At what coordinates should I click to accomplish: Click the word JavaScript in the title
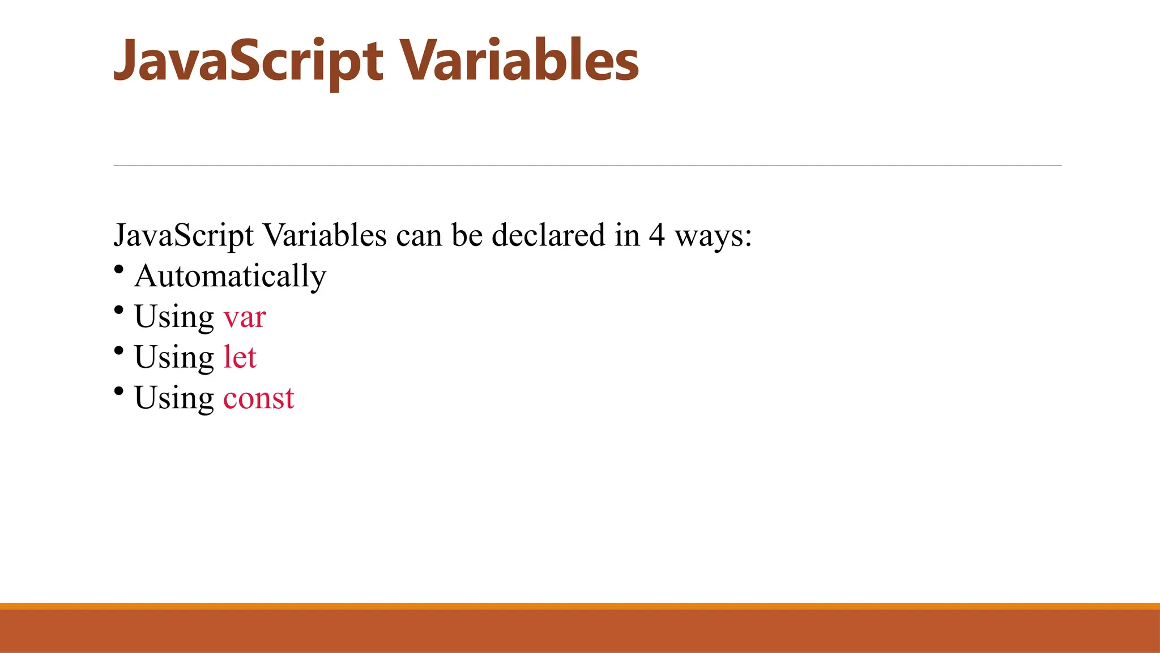pos(248,61)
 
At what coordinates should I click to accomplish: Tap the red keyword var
pos(244,317)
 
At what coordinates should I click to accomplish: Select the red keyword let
pos(240,357)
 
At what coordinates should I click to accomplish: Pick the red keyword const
pos(258,398)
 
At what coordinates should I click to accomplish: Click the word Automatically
pos(230,276)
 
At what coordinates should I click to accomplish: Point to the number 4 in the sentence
pos(656,235)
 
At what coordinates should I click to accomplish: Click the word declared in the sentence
pos(548,235)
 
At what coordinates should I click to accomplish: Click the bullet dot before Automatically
pos(118,269)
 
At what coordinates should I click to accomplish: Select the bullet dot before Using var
pos(118,310)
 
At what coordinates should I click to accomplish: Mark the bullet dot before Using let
pos(118,351)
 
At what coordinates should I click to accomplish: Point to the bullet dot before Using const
pos(118,391)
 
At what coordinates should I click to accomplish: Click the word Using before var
pos(174,317)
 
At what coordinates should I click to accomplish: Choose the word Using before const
pos(174,398)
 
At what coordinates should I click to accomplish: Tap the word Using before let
pos(174,358)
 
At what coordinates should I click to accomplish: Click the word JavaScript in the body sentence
pos(184,236)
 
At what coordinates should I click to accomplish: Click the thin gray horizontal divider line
pos(587,166)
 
